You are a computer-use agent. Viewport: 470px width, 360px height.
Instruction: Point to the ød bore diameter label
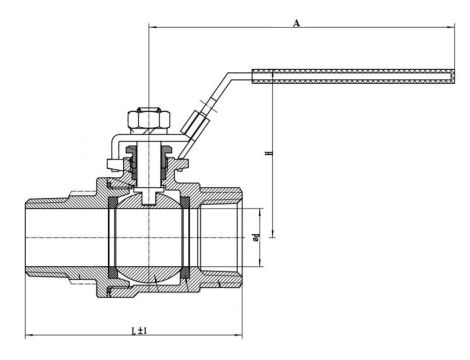(257, 238)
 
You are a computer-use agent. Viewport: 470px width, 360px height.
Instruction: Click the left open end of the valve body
(25, 237)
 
